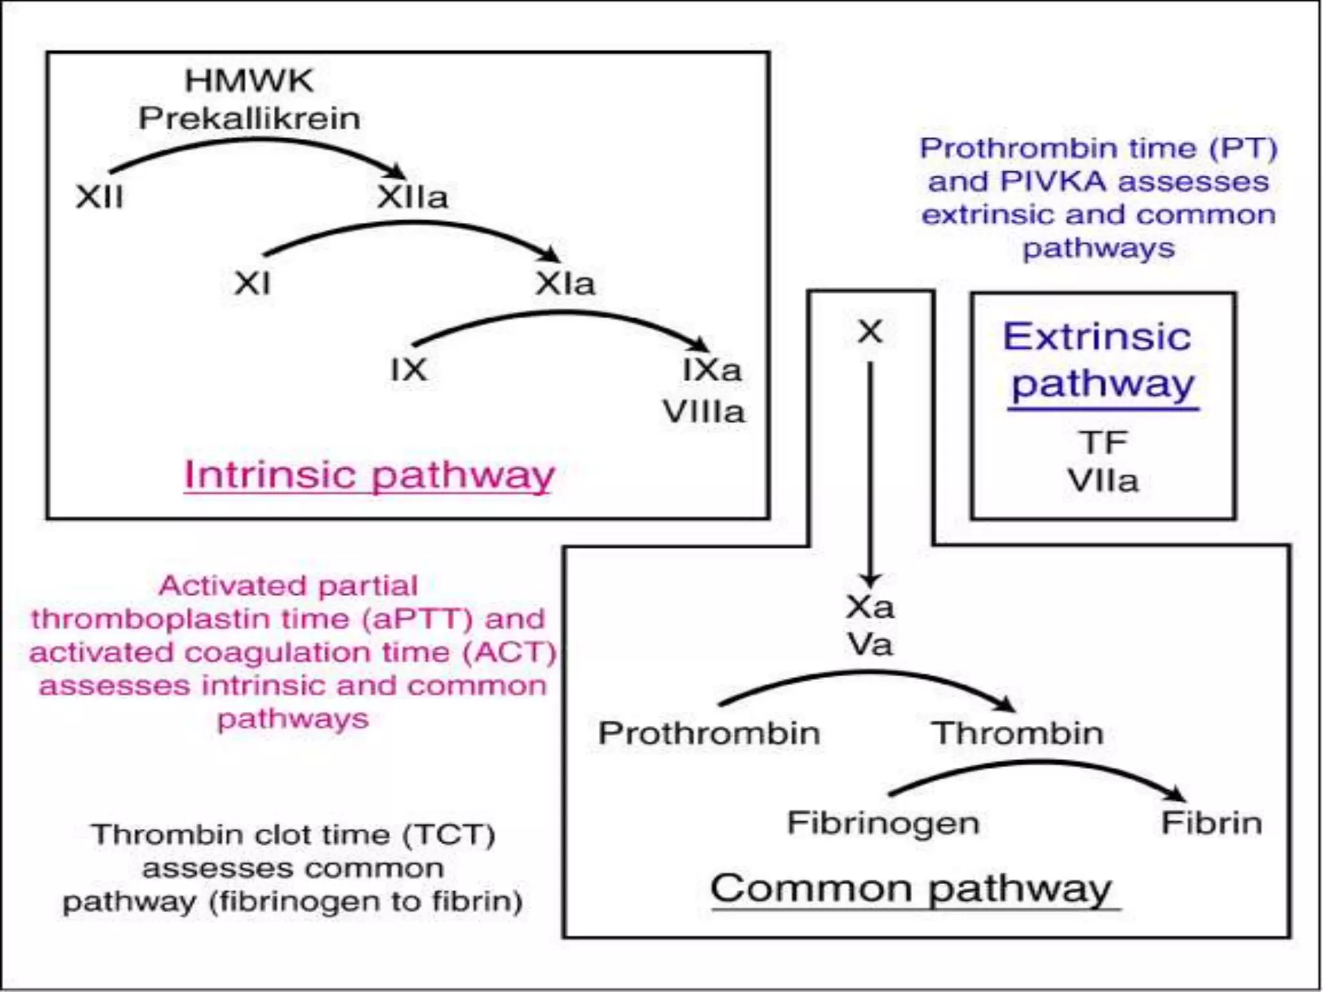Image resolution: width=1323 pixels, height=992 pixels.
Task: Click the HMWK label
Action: point(249,81)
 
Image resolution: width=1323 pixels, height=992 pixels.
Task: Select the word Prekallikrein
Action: point(249,118)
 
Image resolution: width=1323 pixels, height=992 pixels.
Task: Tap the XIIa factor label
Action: point(412,197)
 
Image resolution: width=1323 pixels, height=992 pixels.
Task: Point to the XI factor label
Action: point(252,283)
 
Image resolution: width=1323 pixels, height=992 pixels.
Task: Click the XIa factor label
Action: point(565,284)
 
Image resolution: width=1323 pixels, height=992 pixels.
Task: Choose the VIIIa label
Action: point(703,411)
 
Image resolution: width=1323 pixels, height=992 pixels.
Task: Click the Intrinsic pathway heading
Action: point(369,475)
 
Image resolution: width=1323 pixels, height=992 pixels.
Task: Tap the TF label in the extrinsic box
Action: point(1103,442)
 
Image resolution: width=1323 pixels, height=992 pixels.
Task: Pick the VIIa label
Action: point(1103,480)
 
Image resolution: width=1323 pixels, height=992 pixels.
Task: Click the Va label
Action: point(870,645)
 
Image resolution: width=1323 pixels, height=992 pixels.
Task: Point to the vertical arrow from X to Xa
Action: point(870,471)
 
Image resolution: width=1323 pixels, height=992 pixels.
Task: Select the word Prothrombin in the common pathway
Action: point(709,733)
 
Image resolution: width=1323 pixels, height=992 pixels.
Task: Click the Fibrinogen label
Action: point(883,823)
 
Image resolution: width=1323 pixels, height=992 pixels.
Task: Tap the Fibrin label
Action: point(1211,823)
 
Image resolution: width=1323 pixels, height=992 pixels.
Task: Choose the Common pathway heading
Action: point(911,889)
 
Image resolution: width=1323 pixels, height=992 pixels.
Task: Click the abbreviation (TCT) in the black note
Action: point(449,834)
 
